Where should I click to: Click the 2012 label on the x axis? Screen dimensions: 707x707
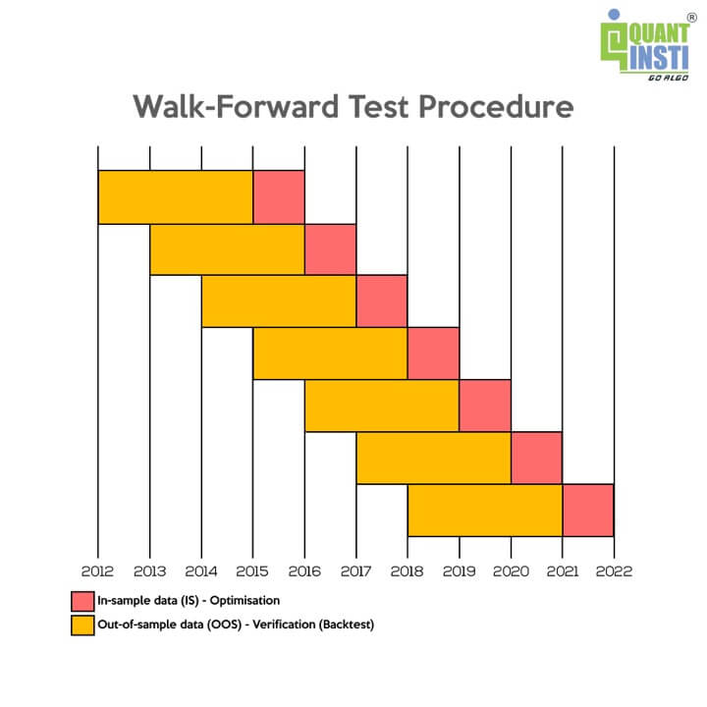(x=97, y=571)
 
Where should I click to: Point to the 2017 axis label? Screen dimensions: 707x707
(x=355, y=571)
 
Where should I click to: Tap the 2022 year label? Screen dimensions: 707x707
(x=614, y=571)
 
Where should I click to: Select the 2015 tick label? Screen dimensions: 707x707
(x=252, y=571)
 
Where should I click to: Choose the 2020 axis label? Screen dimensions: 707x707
(x=511, y=571)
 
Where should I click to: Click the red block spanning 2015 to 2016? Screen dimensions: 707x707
(x=279, y=197)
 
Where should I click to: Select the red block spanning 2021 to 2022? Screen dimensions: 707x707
(x=588, y=510)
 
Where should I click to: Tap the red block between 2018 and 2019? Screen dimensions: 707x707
(x=433, y=353)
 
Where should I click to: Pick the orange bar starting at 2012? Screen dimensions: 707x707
(x=176, y=197)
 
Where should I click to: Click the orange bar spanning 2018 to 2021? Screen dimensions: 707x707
(x=485, y=510)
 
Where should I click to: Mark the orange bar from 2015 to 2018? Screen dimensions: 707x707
(x=331, y=353)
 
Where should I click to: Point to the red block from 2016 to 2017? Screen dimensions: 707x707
(x=331, y=248)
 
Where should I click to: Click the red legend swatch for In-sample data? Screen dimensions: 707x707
(x=82, y=601)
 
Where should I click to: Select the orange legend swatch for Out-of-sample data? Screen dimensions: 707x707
(x=82, y=625)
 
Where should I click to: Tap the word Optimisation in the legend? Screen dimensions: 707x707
(x=245, y=601)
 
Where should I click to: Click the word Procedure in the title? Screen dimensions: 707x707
(x=496, y=107)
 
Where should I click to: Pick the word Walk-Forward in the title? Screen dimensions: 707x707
(x=236, y=106)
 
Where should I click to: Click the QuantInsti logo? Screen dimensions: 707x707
(x=645, y=45)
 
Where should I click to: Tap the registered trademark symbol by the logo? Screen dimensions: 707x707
(x=691, y=18)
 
